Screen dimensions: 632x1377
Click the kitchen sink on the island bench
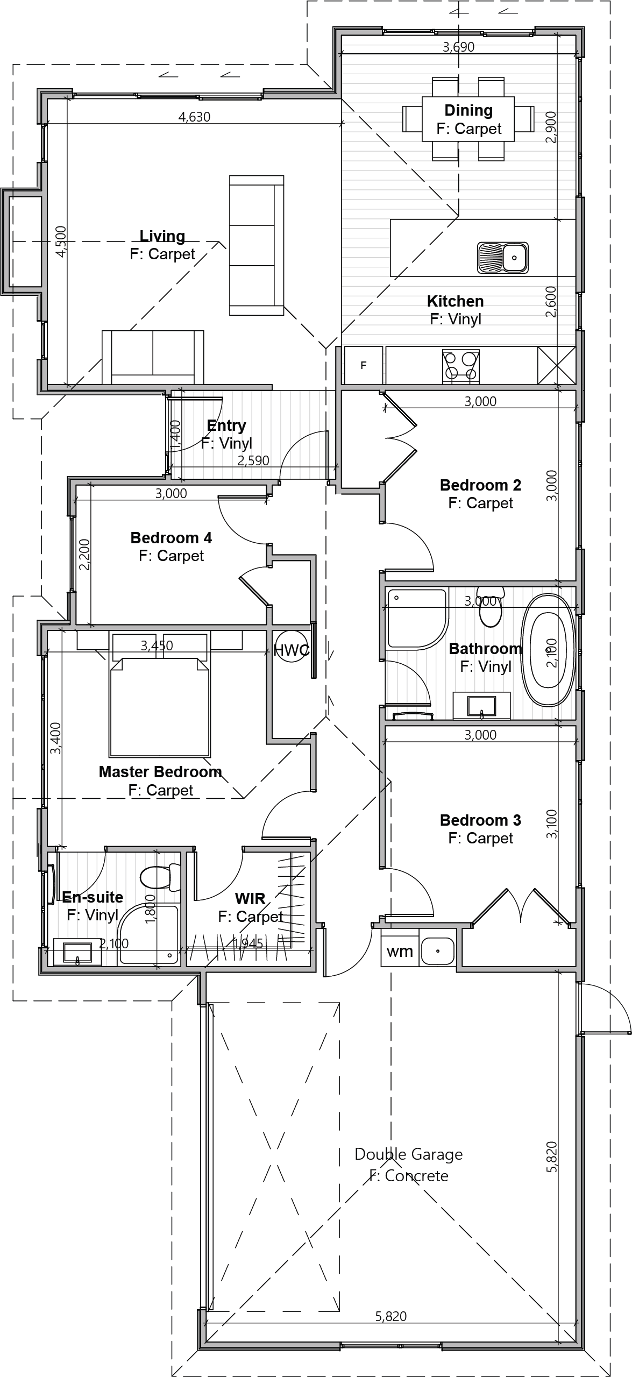(x=502, y=257)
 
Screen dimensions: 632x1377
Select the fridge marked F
(x=363, y=365)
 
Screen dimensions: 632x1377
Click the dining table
(x=468, y=119)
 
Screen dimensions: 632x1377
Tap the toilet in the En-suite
(x=160, y=877)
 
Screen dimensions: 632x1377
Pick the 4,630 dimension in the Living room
(x=194, y=117)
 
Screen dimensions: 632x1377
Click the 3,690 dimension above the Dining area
(x=458, y=47)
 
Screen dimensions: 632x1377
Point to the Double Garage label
(x=409, y=1154)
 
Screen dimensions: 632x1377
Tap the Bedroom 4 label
(x=171, y=538)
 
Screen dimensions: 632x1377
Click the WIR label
(x=250, y=898)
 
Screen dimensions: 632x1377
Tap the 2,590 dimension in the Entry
(x=253, y=461)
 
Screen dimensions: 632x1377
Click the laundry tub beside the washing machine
(x=437, y=951)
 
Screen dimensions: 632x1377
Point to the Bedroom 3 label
(x=480, y=820)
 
